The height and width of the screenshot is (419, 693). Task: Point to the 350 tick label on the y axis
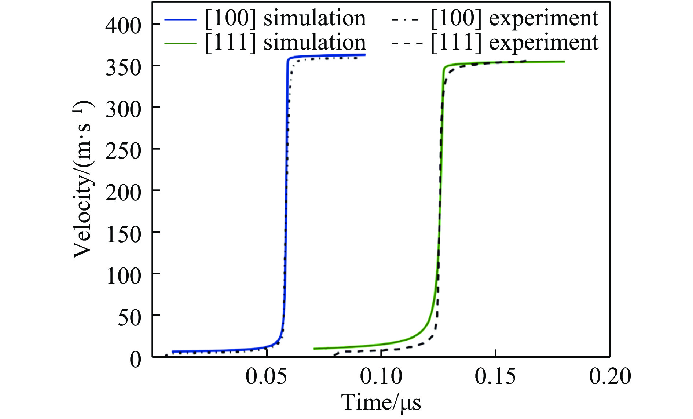point(123,68)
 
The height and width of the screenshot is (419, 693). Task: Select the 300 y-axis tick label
point(123,109)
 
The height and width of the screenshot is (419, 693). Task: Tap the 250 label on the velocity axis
point(123,150)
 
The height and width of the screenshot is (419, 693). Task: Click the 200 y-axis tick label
point(123,192)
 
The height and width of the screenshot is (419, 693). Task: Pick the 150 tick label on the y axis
point(123,234)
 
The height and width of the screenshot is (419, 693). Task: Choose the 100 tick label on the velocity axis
point(123,276)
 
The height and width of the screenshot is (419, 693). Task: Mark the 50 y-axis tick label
point(129,317)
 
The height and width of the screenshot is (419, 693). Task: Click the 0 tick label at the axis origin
point(135,359)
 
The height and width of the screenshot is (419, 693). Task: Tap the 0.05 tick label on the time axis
point(266,376)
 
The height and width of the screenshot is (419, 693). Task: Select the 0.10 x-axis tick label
point(381,376)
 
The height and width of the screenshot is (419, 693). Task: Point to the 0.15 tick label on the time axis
point(495,376)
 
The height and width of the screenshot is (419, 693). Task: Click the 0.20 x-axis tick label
point(610,376)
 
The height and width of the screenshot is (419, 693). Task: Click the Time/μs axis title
point(381,402)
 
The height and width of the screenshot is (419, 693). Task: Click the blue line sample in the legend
point(180,19)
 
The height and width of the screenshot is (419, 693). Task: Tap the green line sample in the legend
point(180,43)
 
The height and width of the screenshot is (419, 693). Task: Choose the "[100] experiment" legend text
point(514,18)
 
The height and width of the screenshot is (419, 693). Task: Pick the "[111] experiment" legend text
point(514,43)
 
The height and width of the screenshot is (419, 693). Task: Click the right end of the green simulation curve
point(564,62)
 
